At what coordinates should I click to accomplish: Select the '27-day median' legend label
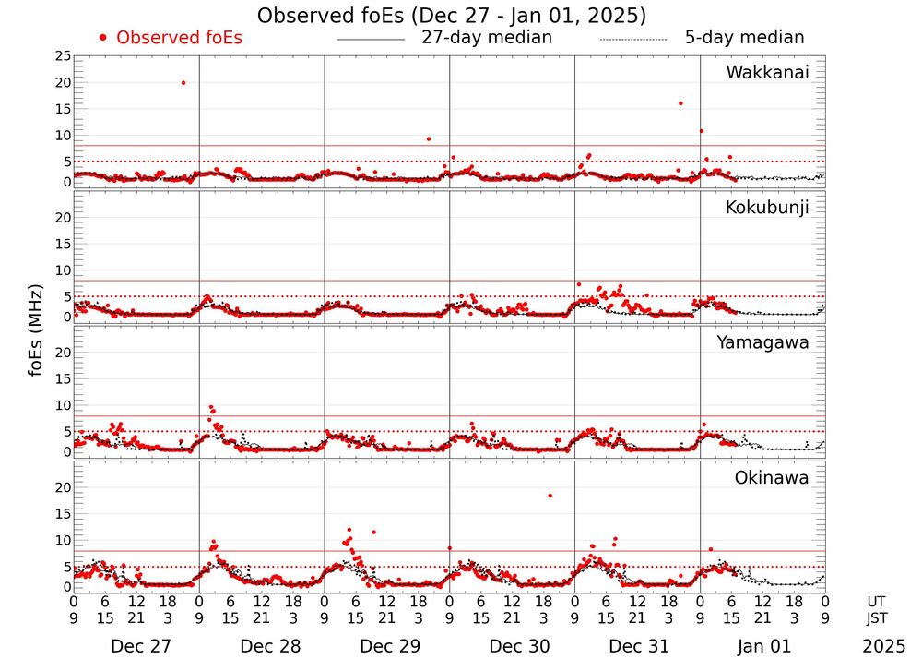[486, 38]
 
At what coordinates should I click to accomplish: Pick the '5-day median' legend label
[744, 38]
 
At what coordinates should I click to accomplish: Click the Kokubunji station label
[767, 208]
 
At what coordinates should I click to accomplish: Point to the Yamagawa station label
[763, 343]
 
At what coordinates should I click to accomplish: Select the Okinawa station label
[771, 478]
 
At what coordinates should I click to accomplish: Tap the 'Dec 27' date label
[136, 646]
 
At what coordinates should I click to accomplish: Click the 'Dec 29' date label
[386, 646]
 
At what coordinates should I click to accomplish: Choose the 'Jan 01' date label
[762, 646]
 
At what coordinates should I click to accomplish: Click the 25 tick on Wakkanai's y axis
[62, 56]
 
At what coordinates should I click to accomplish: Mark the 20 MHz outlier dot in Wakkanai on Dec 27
[183, 83]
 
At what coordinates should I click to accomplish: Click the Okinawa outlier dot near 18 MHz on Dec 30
[550, 496]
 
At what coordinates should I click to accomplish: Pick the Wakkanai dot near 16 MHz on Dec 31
[680, 103]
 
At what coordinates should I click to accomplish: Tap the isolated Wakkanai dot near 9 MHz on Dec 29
[429, 138]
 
